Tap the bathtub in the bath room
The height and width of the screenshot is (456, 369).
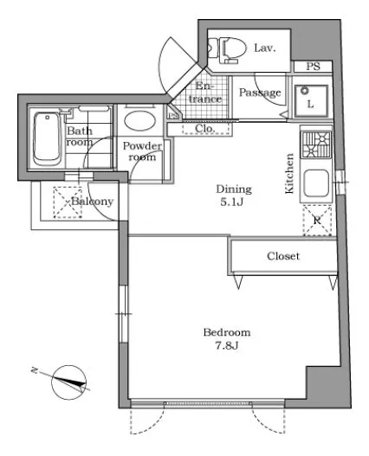click(47, 139)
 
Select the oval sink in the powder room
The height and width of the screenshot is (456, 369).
click(139, 120)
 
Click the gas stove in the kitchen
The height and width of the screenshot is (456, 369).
click(316, 145)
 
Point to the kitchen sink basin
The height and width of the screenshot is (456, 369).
click(316, 183)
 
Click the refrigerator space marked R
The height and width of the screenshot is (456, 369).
click(317, 220)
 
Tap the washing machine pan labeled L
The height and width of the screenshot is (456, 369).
click(311, 100)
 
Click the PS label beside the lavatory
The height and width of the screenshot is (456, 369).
click(313, 67)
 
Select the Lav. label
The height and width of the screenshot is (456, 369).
click(265, 48)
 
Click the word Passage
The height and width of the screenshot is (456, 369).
click(260, 93)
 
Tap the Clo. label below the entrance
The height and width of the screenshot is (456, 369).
click(204, 128)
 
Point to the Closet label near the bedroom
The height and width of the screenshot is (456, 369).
click(283, 256)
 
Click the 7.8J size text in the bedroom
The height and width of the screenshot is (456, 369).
click(227, 345)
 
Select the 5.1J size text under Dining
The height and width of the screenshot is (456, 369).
click(232, 202)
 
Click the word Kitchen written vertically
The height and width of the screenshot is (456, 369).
click(289, 173)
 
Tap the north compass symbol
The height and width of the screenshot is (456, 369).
click(68, 382)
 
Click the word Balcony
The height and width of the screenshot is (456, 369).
click(93, 202)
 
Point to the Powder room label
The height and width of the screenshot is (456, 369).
click(142, 151)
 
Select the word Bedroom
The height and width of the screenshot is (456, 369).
click(227, 332)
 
